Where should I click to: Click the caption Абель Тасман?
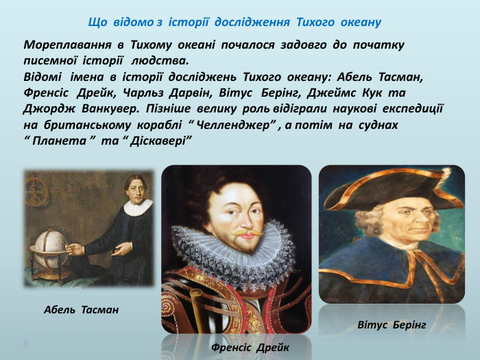pyautogui.click(x=81, y=311)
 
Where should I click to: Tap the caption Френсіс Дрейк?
pyautogui.click(x=250, y=348)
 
